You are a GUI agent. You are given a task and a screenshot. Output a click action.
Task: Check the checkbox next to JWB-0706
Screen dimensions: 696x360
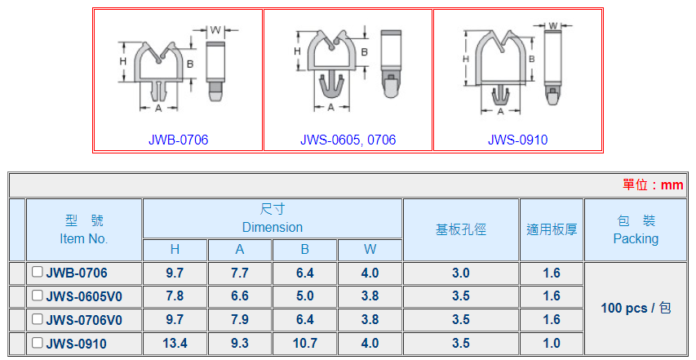pyautogui.click(x=38, y=272)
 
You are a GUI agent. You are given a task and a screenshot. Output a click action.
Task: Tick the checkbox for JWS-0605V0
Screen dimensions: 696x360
pyautogui.click(x=38, y=296)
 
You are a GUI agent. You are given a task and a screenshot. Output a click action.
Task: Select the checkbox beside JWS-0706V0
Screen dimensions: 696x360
pyautogui.click(x=38, y=319)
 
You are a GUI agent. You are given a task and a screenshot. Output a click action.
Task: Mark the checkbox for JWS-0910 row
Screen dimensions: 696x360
pyautogui.click(x=38, y=343)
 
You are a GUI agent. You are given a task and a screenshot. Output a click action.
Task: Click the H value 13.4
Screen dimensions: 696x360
pyautogui.click(x=175, y=343)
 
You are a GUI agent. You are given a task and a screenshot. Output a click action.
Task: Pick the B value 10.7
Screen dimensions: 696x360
pyautogui.click(x=305, y=343)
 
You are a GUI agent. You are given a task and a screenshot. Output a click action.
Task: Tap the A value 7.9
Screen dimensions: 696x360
pyautogui.click(x=240, y=320)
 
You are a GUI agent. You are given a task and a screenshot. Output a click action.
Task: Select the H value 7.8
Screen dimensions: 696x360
pyautogui.click(x=175, y=296)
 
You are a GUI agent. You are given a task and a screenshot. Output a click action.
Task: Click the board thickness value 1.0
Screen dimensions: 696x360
pyautogui.click(x=552, y=343)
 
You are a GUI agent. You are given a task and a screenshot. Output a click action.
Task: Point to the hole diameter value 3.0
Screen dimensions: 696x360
pyautogui.click(x=461, y=273)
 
